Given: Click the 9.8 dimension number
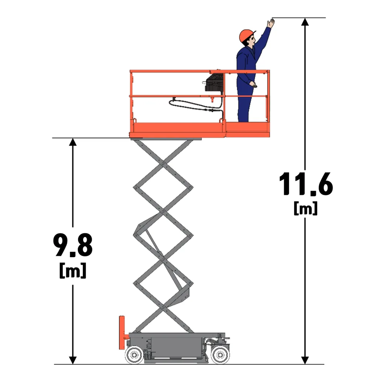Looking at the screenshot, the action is tap(73, 245).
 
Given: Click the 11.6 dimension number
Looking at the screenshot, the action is tap(306, 184).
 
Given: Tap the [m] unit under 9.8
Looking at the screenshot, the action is tap(73, 270).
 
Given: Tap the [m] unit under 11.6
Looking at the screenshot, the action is tap(305, 208).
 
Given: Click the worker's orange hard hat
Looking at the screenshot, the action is tap(247, 35).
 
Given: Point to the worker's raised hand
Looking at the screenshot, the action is tap(271, 23).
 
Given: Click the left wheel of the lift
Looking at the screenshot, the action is tap(134, 355).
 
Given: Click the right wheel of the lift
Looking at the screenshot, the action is tap(220, 355).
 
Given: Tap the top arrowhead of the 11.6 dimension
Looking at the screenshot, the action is tap(305, 22).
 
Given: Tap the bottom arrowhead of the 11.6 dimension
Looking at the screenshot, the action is tap(305, 360).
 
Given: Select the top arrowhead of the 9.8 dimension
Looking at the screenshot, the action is tap(73, 142).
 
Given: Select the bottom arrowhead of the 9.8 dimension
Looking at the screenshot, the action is tap(73, 360).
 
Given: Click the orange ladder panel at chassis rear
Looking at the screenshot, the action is tap(122, 333).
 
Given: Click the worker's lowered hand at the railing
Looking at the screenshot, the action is tap(253, 85).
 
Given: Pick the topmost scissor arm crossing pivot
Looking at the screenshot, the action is tap(162, 164).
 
